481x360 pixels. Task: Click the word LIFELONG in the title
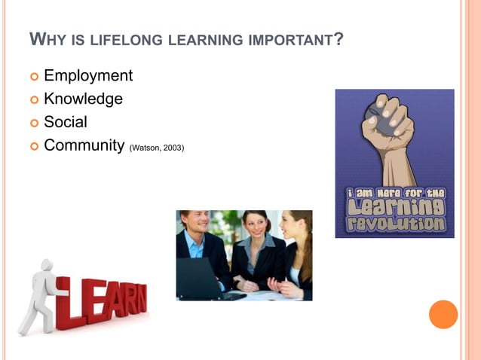[x=121, y=38]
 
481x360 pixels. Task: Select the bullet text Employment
[x=88, y=76]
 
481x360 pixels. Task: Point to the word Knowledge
[x=83, y=99]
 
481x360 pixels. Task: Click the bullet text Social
[x=66, y=122]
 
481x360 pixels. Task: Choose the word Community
[x=84, y=145]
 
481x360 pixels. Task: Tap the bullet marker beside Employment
[x=33, y=77]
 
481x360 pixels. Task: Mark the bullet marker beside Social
[x=33, y=123]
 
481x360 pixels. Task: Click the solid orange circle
[x=443, y=314]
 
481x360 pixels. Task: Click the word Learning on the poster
[x=395, y=208]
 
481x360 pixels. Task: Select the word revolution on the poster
[x=395, y=224]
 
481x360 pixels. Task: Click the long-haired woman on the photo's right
[x=296, y=252]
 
